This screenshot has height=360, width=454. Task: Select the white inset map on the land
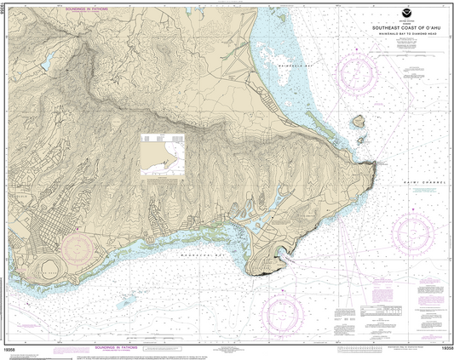[162, 153]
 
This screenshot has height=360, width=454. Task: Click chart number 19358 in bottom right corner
[440, 348]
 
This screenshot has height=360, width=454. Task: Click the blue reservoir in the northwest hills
[48, 61]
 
